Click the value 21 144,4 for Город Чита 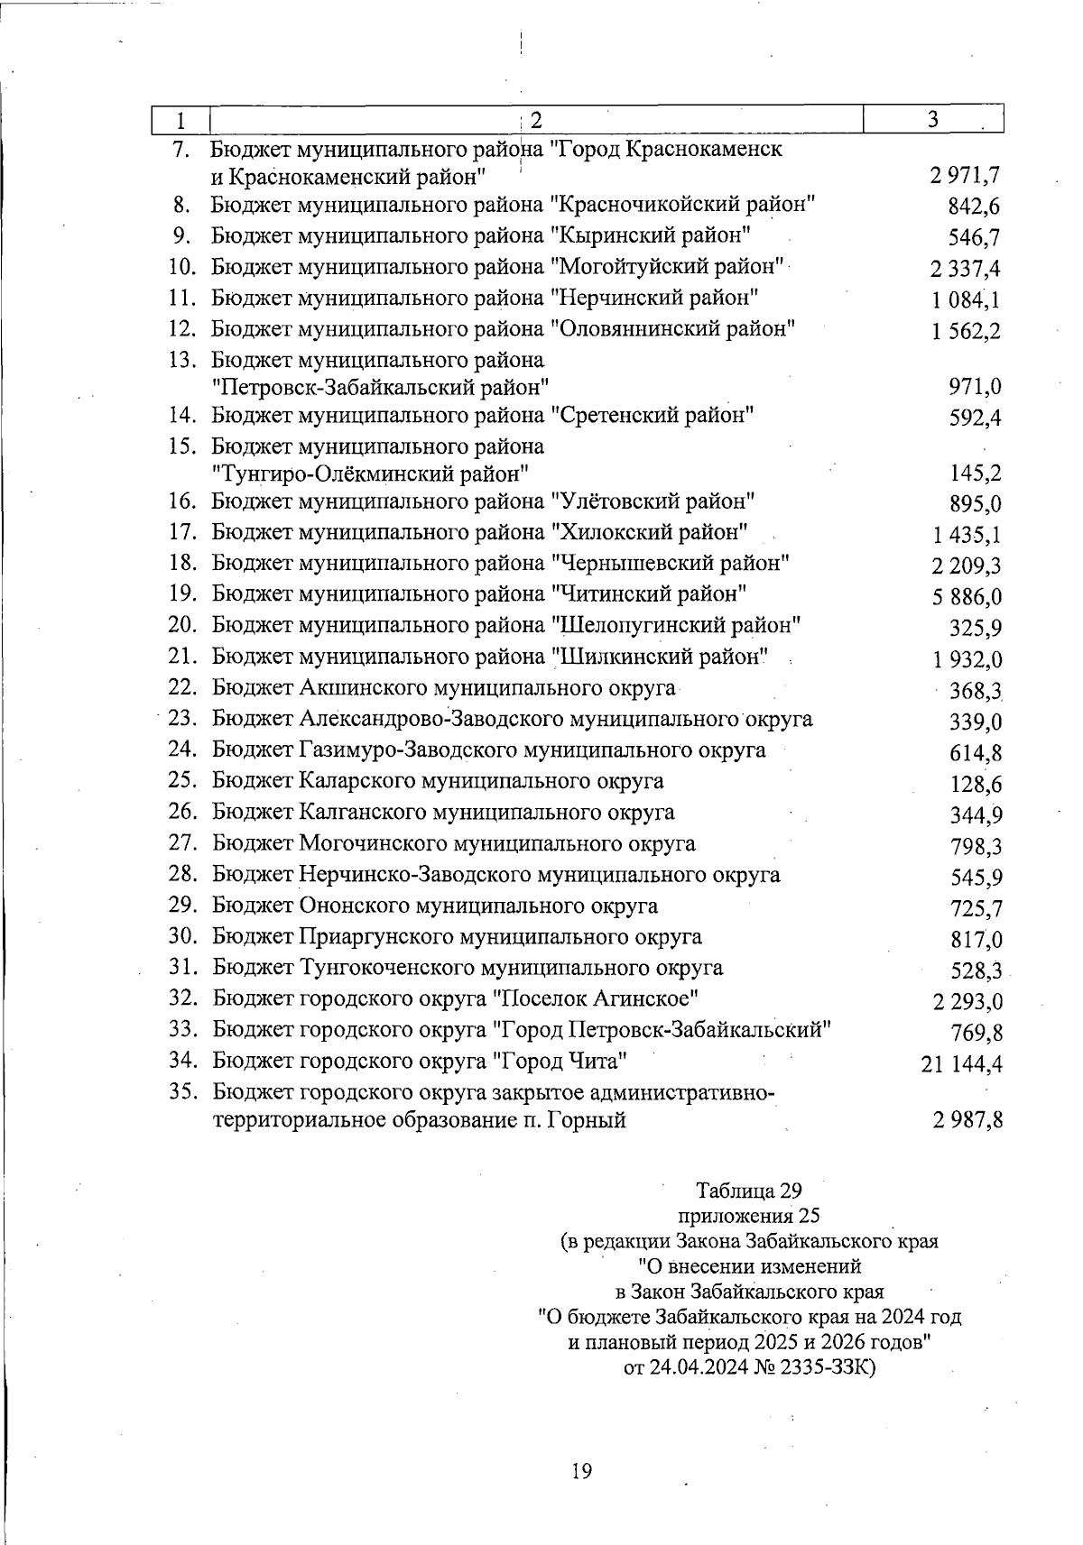[x=962, y=1065]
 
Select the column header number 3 [x=933, y=119]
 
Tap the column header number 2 [x=535, y=120]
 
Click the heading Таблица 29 [x=749, y=1191]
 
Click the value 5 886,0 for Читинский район [x=967, y=597]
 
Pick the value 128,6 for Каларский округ [x=976, y=785]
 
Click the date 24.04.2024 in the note [x=696, y=1366]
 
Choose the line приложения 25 [x=748, y=1215]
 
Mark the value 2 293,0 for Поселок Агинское [x=967, y=1002]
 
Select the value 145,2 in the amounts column [x=976, y=474]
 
